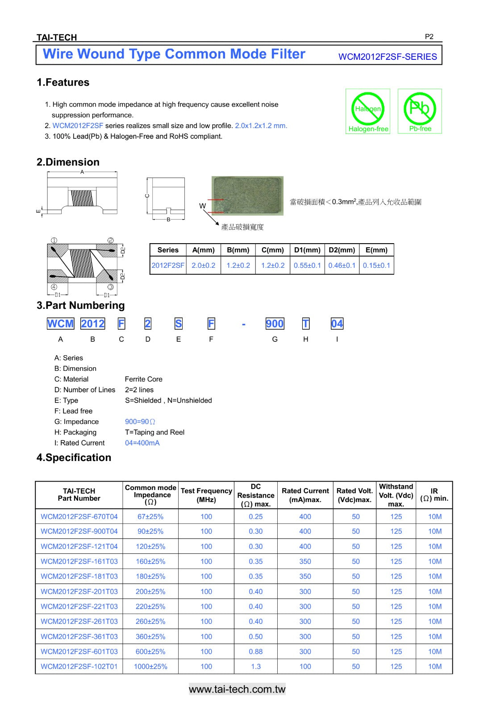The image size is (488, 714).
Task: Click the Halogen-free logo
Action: pyautogui.click(x=368, y=111)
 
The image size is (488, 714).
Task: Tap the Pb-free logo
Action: pyautogui.click(x=420, y=111)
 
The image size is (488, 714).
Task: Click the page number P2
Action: pyautogui.click(x=429, y=37)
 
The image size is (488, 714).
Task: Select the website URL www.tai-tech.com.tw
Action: pyautogui.click(x=237, y=689)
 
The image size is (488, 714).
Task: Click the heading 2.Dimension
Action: pyautogui.click(x=68, y=162)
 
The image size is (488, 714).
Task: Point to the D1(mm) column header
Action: pyautogui.click(x=307, y=250)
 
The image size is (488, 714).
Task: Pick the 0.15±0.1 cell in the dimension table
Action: pyautogui.click(x=376, y=265)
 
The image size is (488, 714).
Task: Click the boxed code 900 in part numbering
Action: pyautogui.click(x=275, y=324)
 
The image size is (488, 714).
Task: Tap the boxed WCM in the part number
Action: pyautogui.click(x=60, y=324)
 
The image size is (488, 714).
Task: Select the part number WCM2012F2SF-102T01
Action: pyautogui.click(x=79, y=666)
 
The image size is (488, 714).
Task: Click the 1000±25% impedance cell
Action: pyautogui.click(x=150, y=666)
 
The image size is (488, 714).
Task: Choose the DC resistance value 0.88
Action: pyautogui.click(x=256, y=652)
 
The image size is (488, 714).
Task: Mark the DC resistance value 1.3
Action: pyautogui.click(x=256, y=666)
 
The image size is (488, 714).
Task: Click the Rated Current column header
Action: pyautogui.click(x=305, y=495)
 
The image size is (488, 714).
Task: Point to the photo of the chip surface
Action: pyautogui.click(x=247, y=196)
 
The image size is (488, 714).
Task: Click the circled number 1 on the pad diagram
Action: pyautogui.click(x=54, y=241)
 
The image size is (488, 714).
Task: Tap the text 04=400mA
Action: pyautogui.click(x=142, y=443)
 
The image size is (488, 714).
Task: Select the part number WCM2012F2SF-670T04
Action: pyautogui.click(x=79, y=516)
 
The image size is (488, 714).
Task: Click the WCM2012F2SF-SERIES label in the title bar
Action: pyautogui.click(x=388, y=57)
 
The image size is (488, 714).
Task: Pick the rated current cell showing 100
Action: pyautogui.click(x=305, y=666)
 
